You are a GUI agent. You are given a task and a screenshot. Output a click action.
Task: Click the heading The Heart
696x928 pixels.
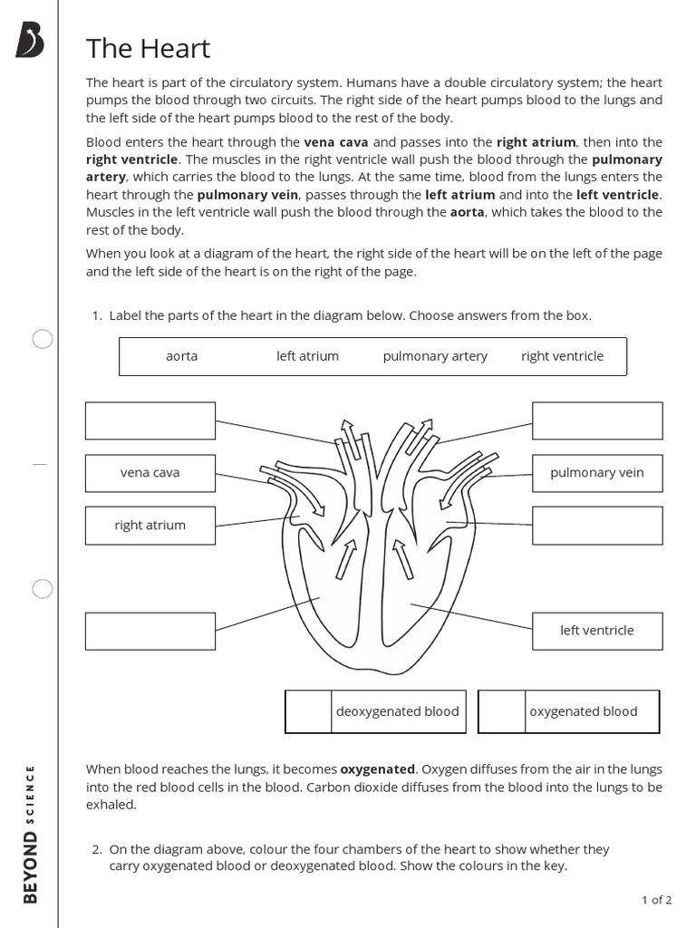pyautogui.click(x=148, y=48)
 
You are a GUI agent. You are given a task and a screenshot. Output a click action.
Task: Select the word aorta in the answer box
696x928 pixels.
pyautogui.click(x=181, y=356)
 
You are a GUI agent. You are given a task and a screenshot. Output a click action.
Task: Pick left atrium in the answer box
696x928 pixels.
pyautogui.click(x=307, y=356)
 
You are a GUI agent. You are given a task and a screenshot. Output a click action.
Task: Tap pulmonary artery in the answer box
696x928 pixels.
pyautogui.click(x=435, y=356)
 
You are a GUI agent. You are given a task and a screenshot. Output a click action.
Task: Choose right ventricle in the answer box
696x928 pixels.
pyautogui.click(x=562, y=356)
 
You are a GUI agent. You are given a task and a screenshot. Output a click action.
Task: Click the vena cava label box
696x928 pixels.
pyautogui.click(x=150, y=473)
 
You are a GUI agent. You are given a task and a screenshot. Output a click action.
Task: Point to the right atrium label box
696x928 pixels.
pyautogui.click(x=150, y=526)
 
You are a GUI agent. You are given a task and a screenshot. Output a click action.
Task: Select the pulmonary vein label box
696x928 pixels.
pyautogui.click(x=597, y=473)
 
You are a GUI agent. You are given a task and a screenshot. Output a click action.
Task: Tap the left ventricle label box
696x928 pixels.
pyautogui.click(x=597, y=631)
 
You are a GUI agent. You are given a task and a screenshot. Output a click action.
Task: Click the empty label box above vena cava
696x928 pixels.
pyautogui.click(x=150, y=420)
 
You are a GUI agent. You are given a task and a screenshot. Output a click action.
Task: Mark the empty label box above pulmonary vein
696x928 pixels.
pyautogui.click(x=597, y=420)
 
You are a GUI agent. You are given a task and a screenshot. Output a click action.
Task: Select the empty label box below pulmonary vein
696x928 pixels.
pyautogui.click(x=597, y=526)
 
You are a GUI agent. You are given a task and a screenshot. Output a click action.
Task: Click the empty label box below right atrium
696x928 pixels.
pyautogui.click(x=150, y=631)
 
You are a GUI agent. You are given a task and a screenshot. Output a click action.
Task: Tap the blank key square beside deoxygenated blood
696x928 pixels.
pyautogui.click(x=308, y=711)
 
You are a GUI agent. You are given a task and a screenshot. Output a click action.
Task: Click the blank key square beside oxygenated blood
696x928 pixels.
pyautogui.click(x=501, y=711)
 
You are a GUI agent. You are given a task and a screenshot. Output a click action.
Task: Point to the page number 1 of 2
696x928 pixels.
pyautogui.click(x=656, y=900)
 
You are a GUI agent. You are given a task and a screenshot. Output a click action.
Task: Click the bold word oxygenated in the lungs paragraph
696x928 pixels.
pyautogui.click(x=378, y=769)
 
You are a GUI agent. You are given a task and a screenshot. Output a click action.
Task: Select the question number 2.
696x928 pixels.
pyautogui.click(x=96, y=850)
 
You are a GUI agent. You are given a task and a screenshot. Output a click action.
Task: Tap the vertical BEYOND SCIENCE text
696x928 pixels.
pyautogui.click(x=32, y=834)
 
